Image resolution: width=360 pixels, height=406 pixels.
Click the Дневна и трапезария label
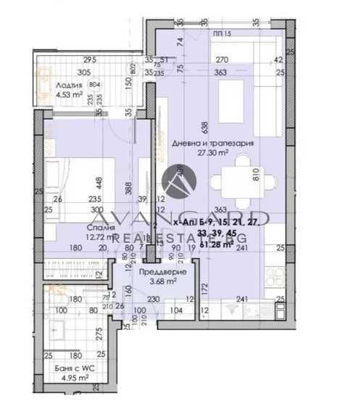(214, 144)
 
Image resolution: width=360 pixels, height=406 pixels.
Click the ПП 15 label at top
(223, 34)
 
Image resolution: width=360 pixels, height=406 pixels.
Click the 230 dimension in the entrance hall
(154, 297)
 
